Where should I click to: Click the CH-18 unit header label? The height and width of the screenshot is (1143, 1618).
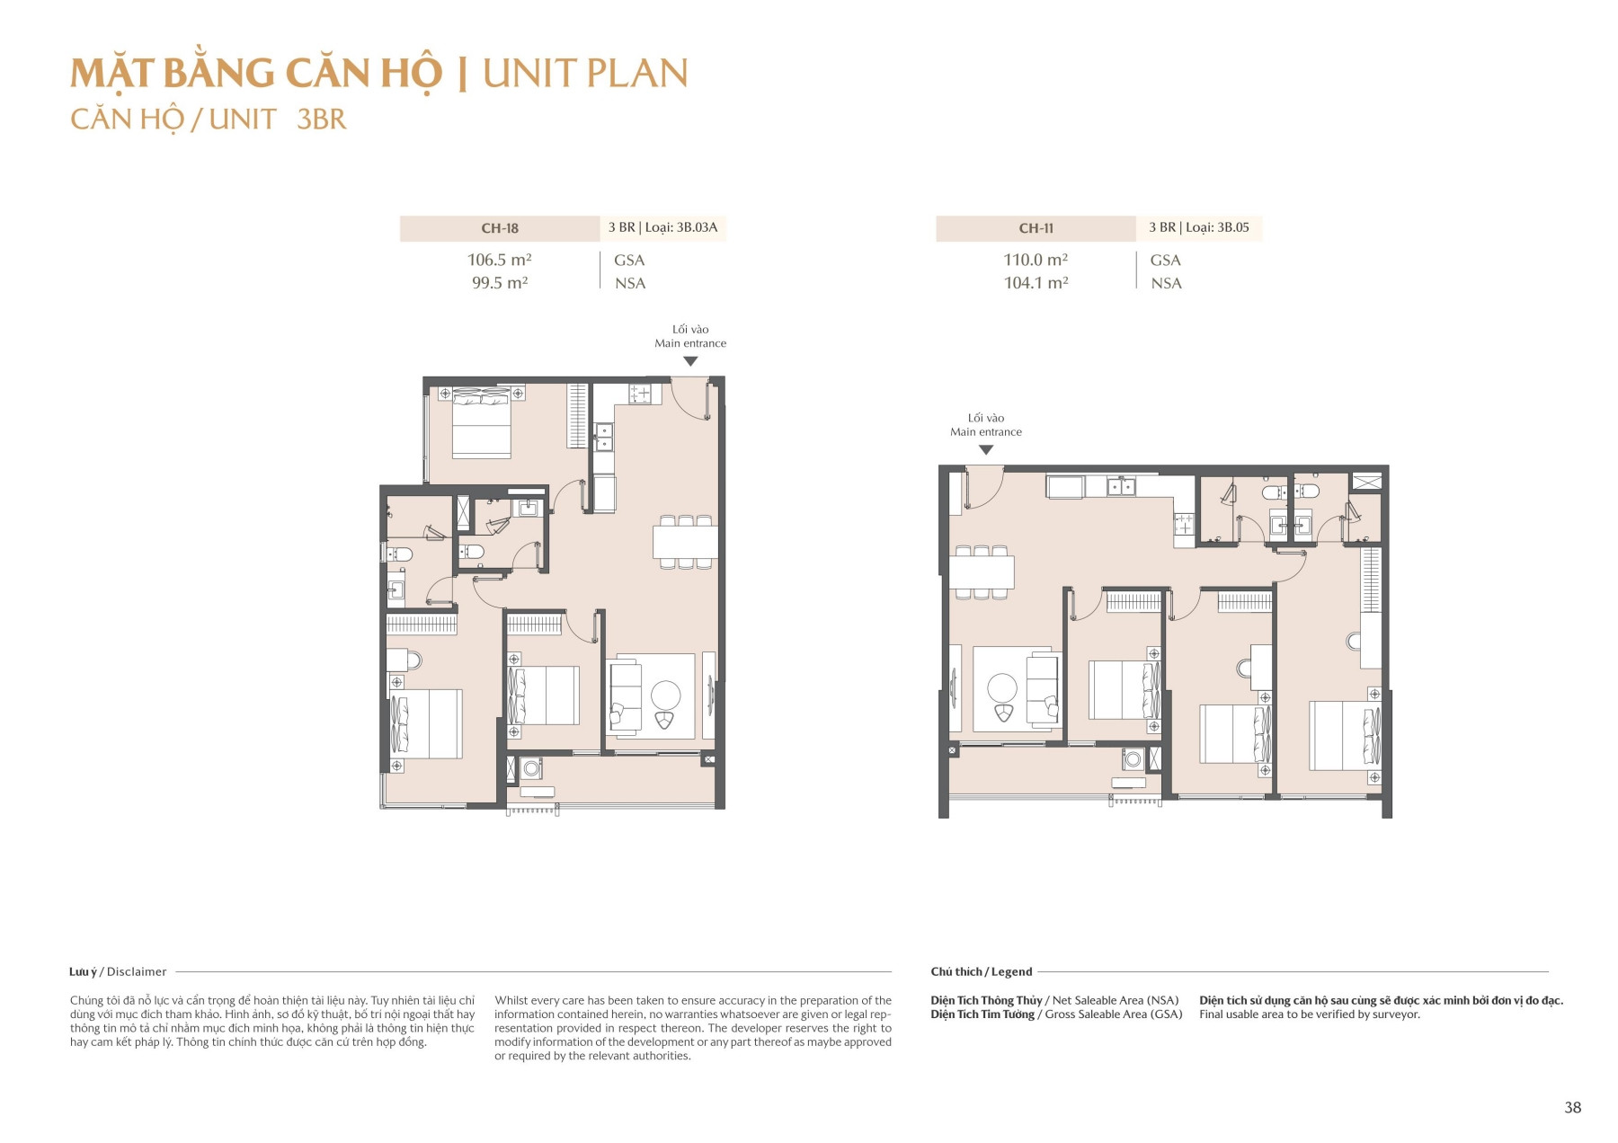click(500, 228)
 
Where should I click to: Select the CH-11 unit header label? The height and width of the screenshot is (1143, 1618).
click(1036, 228)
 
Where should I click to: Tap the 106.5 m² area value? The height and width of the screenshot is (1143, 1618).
click(499, 260)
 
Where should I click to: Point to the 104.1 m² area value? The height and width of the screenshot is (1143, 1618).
click(1036, 283)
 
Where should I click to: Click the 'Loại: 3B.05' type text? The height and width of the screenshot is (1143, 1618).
click(1217, 227)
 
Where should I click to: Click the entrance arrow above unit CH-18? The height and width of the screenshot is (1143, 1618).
click(690, 361)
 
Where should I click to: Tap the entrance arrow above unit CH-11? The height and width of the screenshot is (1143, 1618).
click(986, 449)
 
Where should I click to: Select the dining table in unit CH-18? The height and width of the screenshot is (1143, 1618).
click(685, 542)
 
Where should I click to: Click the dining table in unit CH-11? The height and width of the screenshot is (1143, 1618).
click(982, 571)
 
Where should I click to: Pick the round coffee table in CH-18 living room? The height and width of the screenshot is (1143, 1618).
click(666, 695)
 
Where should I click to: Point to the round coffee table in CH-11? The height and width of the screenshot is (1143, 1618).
click(1002, 688)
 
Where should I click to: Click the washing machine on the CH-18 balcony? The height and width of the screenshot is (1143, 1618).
click(531, 768)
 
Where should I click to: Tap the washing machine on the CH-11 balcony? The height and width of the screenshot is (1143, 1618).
click(1133, 759)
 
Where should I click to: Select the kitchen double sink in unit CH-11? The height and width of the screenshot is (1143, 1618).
click(1121, 487)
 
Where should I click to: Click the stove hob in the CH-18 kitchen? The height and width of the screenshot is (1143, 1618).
click(640, 393)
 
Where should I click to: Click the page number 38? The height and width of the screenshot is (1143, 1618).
click(1572, 1107)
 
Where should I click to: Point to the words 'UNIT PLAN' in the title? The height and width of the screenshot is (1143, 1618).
click(585, 74)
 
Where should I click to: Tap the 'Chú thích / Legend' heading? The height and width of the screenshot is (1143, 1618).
click(982, 971)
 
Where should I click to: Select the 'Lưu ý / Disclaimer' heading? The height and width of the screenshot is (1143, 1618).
click(118, 971)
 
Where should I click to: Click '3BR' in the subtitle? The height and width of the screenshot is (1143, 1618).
click(322, 120)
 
